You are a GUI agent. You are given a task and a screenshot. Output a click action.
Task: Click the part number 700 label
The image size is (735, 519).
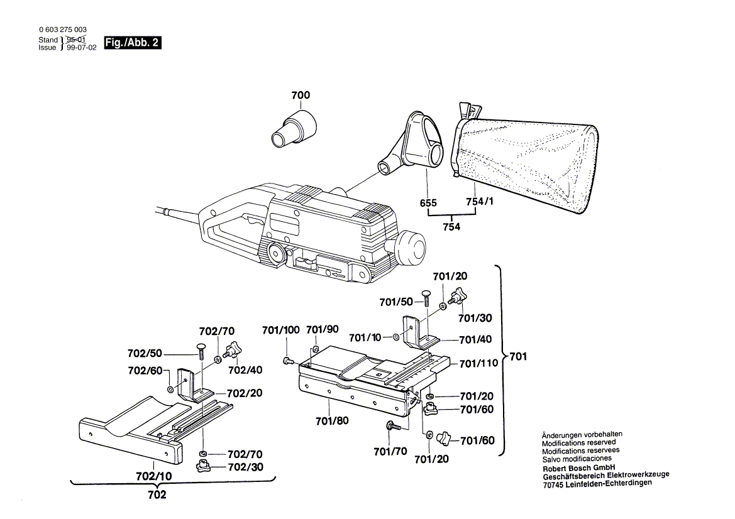[x=301, y=96]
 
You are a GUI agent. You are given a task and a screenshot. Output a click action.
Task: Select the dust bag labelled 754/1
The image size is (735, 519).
[x=525, y=160]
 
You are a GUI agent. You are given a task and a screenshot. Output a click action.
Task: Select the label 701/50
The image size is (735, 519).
[x=396, y=302]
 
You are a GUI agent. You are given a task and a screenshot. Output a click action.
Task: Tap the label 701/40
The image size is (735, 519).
[x=476, y=339]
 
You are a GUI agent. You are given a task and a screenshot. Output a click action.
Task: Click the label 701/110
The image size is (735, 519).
[x=478, y=363]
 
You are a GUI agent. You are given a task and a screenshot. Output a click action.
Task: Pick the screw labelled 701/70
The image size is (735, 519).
[x=392, y=427]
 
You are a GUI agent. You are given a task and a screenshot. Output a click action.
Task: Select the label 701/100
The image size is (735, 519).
[x=281, y=330]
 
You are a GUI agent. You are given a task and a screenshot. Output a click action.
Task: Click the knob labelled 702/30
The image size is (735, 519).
[x=203, y=466]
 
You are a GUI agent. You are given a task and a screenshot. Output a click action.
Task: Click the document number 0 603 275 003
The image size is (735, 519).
[x=63, y=30]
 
